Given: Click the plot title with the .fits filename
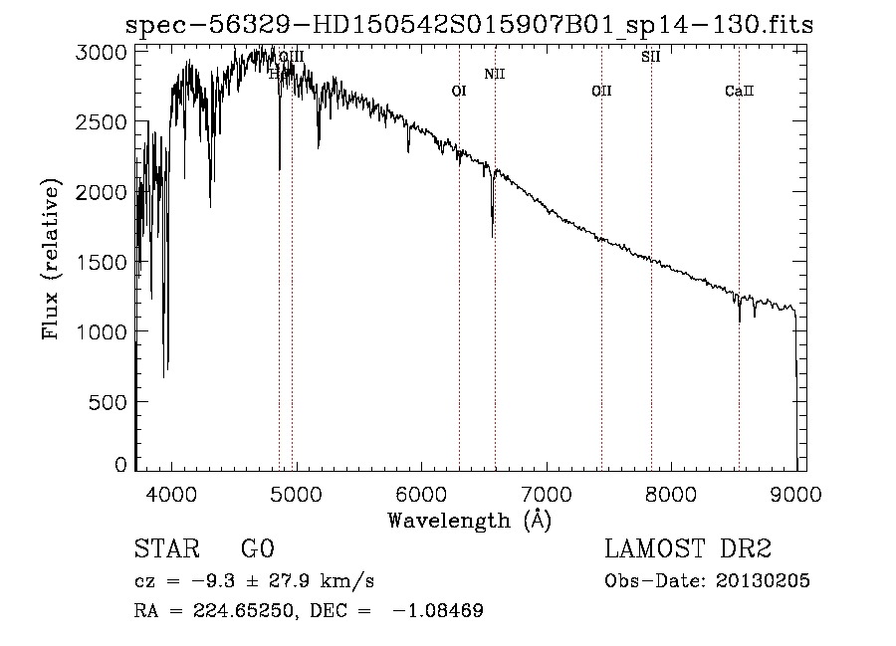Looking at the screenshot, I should click(x=468, y=25).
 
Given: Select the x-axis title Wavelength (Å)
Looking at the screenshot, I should click(x=469, y=519).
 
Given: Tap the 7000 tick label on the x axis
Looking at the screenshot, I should click(x=547, y=493).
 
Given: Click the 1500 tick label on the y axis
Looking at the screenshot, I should click(x=103, y=262).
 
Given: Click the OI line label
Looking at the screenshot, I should click(x=459, y=91).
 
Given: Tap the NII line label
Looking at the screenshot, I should click(x=495, y=74).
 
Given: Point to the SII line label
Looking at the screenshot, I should click(x=651, y=57).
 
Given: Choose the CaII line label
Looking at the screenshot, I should click(x=740, y=92).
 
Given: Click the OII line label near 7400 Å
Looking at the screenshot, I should click(x=601, y=92).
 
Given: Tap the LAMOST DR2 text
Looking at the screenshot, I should click(x=688, y=549).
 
